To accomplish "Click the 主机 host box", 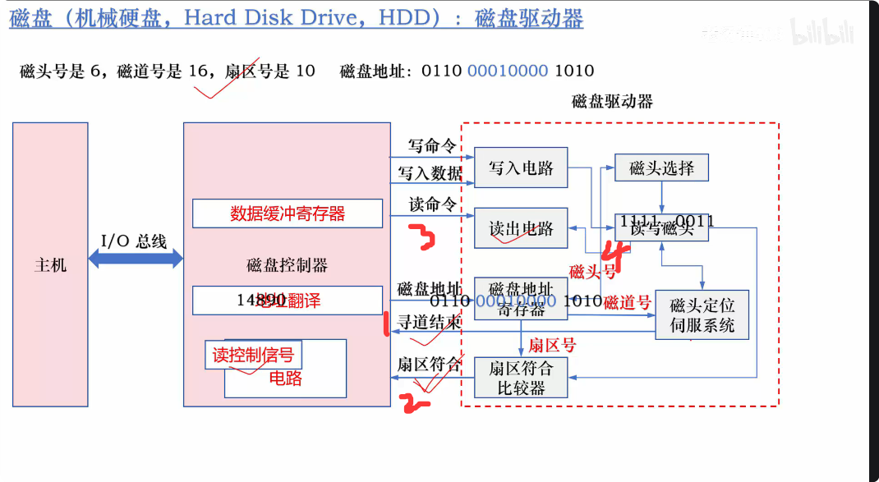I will pos(50,264).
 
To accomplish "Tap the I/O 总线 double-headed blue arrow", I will pos(135,259).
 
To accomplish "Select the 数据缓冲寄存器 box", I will pos(288,213).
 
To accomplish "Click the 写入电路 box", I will pos(521,168).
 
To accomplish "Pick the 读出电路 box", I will pos(521,228).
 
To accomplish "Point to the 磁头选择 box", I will pos(661,168).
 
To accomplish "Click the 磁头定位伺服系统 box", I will pos(702,315).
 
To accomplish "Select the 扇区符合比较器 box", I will pos(521,378).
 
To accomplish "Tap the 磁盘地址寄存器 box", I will pos(521,299).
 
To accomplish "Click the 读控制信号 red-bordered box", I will pos(253,355).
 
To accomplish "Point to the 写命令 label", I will pos(432,146).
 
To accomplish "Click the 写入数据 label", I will pos(430,173).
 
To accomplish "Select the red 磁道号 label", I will pos(627,303).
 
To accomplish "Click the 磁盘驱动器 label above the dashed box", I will pos(612,101).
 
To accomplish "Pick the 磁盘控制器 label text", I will pos(287,265).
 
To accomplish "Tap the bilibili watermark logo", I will pos(822,34).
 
